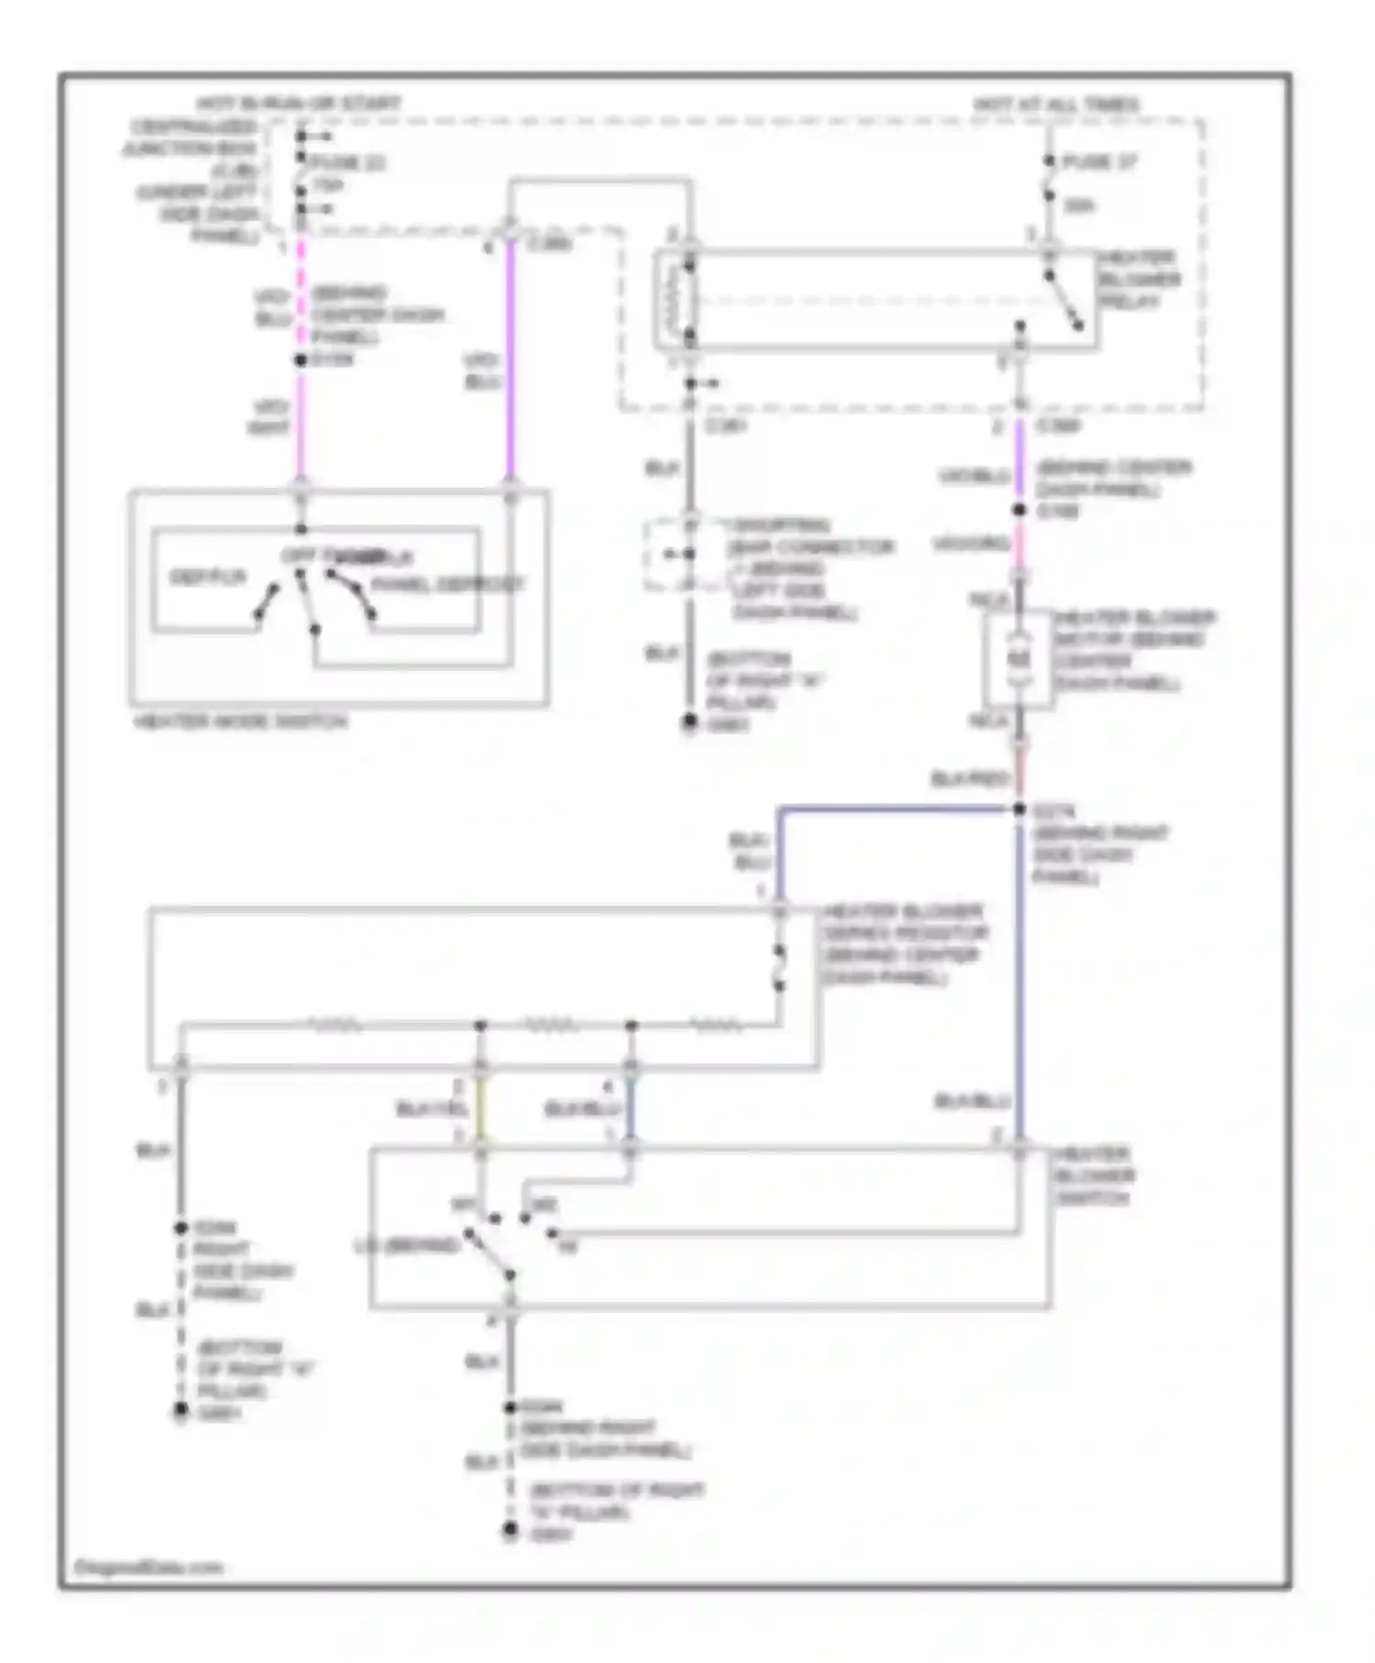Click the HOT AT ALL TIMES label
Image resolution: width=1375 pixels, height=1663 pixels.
[1055, 105]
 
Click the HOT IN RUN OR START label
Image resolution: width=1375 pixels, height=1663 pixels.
[299, 104]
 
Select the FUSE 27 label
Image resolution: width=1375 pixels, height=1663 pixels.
[1098, 162]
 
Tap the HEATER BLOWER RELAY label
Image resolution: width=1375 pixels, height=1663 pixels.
[1139, 280]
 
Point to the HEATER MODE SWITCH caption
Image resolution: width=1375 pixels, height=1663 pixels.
[241, 722]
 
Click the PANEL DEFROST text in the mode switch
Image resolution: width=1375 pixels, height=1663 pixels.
[448, 584]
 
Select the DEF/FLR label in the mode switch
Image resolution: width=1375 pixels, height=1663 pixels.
[208, 577]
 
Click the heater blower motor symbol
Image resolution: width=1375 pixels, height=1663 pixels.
[1019, 659]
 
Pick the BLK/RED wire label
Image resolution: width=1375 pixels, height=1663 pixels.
[969, 779]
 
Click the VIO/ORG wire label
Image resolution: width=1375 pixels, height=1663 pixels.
[971, 545]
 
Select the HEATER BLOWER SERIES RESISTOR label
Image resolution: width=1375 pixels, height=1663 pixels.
[904, 944]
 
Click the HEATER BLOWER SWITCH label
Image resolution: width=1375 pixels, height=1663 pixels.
[1094, 1176]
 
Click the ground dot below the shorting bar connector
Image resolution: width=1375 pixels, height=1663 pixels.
[689, 722]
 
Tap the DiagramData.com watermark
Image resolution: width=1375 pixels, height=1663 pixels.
[149, 1568]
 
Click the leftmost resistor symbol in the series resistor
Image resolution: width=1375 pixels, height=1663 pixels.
[337, 1024]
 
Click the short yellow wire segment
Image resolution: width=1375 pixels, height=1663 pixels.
[481, 1109]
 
